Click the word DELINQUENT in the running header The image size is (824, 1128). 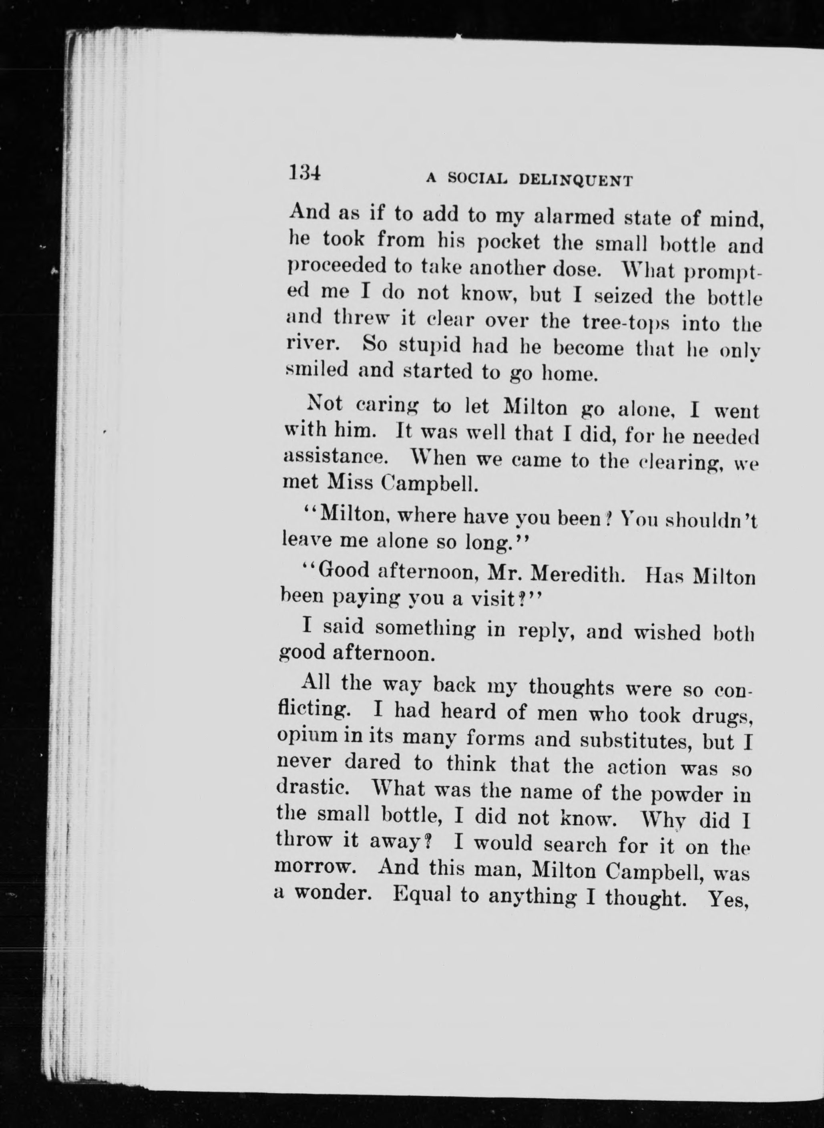point(576,180)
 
